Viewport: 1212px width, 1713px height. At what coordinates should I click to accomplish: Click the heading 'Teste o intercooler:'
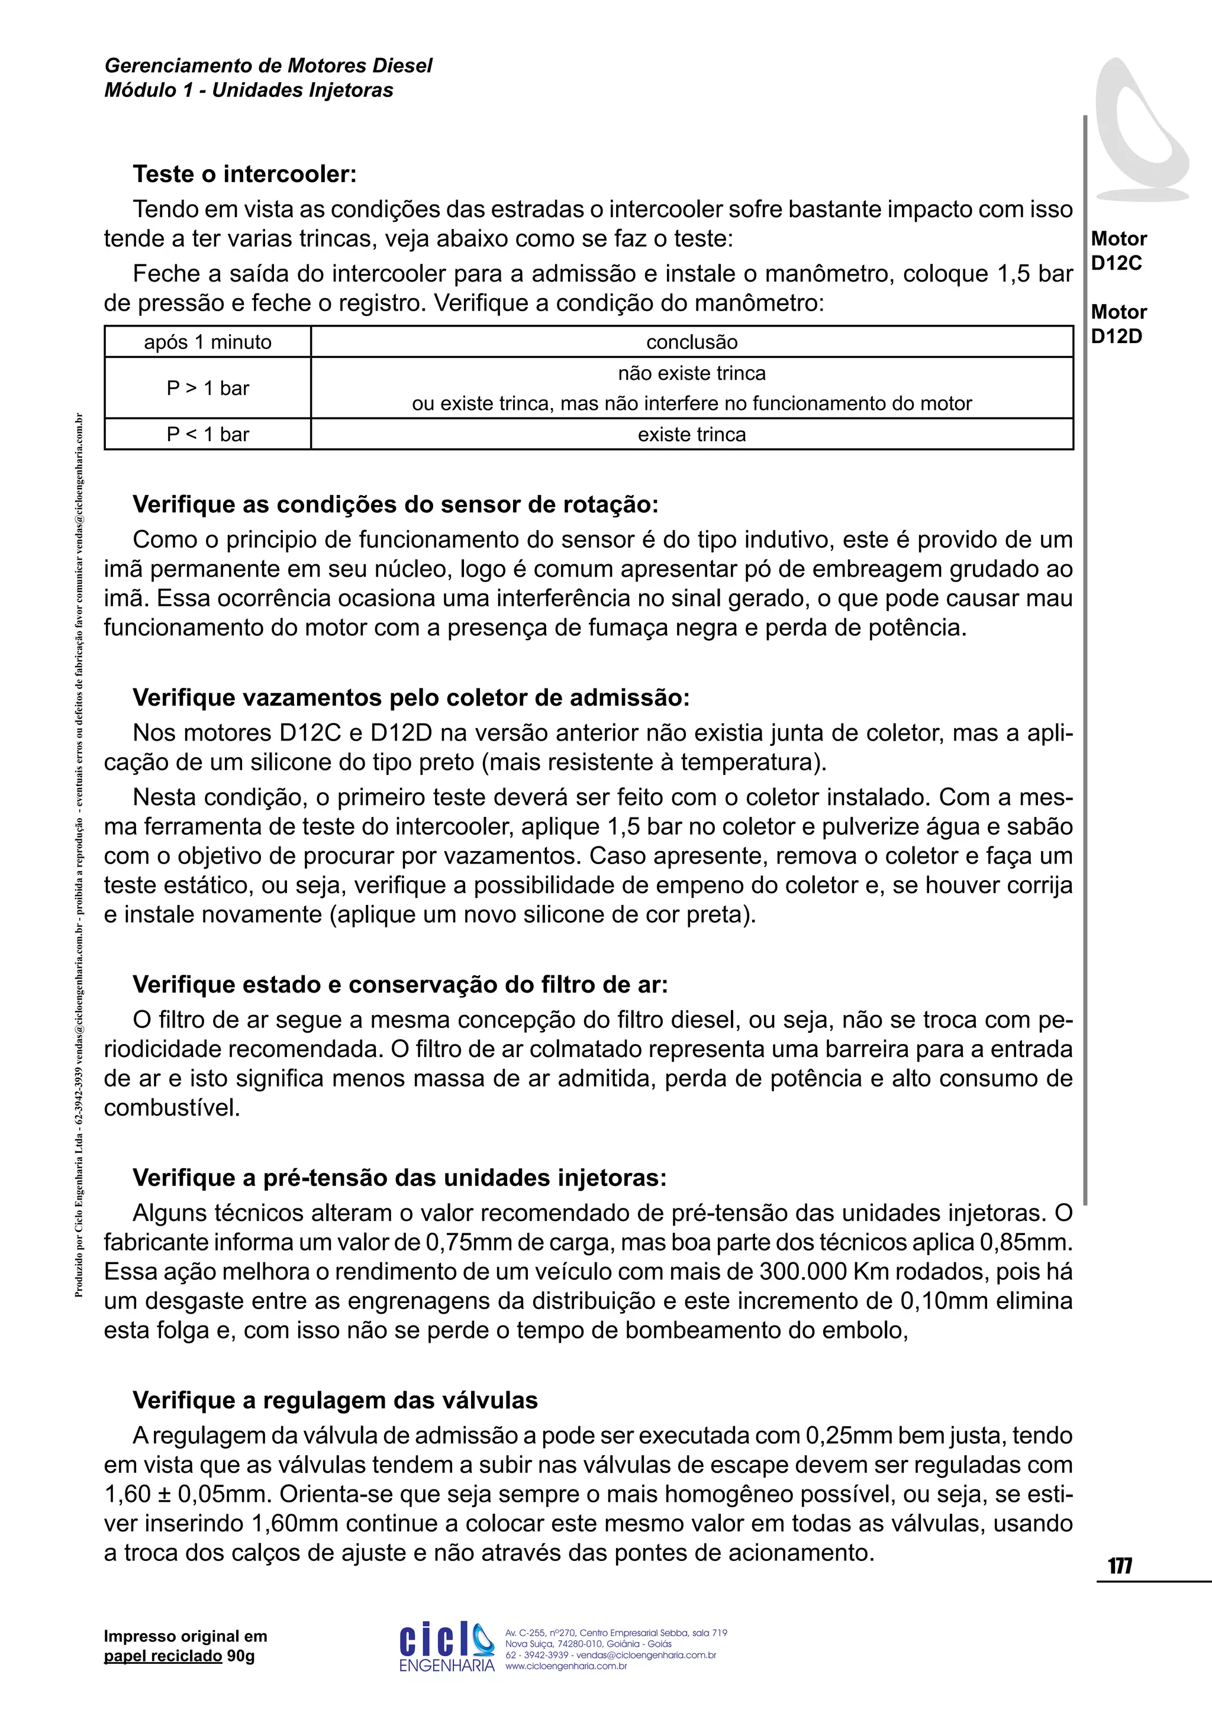(245, 174)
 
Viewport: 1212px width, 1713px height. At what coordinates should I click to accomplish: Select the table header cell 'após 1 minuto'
(208, 342)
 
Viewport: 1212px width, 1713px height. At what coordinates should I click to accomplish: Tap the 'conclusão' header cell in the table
(691, 342)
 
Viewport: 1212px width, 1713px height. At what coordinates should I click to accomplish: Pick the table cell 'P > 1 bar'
(208, 388)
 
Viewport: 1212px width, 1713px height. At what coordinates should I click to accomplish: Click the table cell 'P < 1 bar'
(208, 435)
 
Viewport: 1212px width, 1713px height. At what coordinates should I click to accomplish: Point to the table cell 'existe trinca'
(691, 435)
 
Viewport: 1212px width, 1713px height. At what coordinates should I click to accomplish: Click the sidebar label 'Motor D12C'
(1118, 251)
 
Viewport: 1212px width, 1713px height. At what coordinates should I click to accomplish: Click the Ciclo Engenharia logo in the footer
(446, 1647)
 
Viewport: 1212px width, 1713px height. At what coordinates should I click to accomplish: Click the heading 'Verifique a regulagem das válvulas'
(335, 1401)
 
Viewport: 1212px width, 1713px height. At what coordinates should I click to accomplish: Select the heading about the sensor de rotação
(395, 505)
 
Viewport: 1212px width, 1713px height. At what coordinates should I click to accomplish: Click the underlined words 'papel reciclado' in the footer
(163, 1656)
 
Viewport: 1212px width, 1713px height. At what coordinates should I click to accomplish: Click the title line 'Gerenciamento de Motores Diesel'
(268, 66)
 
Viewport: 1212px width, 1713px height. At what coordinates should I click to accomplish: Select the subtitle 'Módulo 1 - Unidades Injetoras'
(249, 91)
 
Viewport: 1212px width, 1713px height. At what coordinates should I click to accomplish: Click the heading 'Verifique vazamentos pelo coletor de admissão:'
(411, 699)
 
